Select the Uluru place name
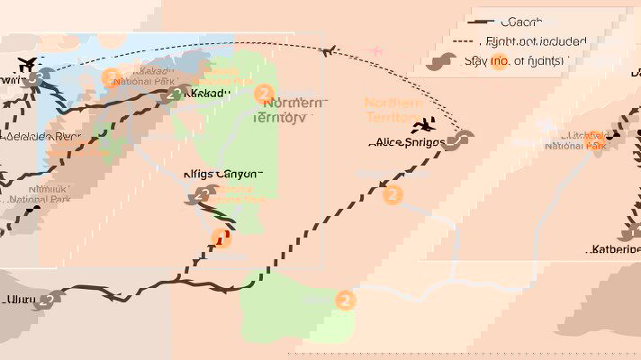(x=17, y=300)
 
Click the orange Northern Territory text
(x=393, y=110)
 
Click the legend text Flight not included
(x=535, y=41)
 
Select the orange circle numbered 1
(x=221, y=238)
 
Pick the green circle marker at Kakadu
(x=176, y=94)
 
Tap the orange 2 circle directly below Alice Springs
(x=393, y=194)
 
